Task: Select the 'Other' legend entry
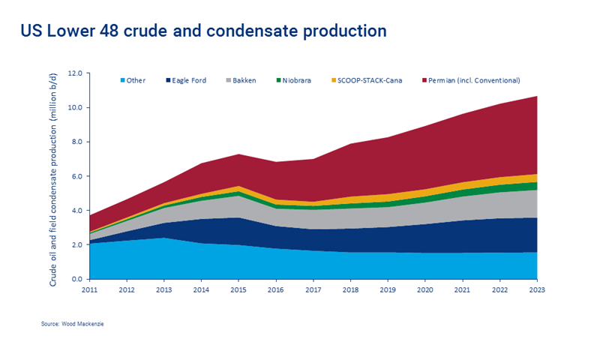coord(136,80)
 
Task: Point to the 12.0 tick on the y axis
coord(77,73)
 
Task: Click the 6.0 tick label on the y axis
coord(77,176)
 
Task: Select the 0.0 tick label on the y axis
coord(77,279)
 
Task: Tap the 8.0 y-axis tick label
coord(77,142)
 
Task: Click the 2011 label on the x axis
coord(89,289)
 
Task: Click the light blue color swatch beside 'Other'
coord(122,80)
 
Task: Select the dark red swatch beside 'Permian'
coord(424,80)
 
